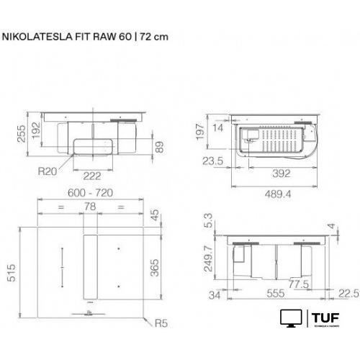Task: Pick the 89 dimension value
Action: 168,148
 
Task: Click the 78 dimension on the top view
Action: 89,207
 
